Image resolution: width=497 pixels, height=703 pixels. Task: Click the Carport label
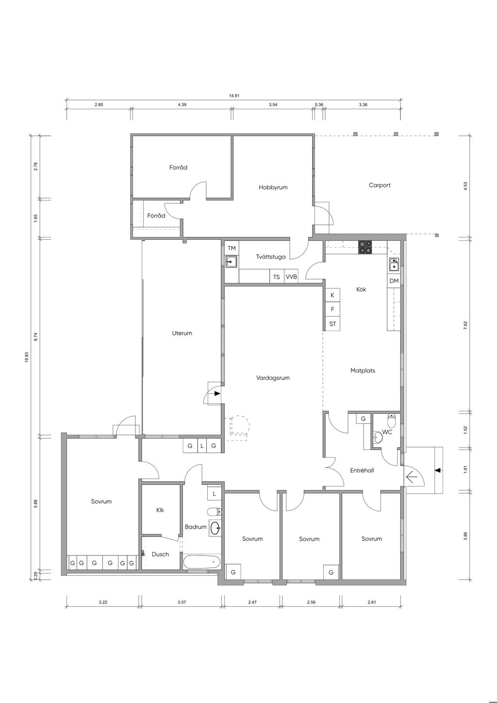point(380,185)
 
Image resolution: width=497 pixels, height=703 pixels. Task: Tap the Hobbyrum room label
point(273,187)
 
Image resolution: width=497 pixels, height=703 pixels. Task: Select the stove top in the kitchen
point(365,247)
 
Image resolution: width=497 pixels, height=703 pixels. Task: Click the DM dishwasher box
point(394,281)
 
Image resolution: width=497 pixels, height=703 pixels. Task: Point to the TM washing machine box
point(232,248)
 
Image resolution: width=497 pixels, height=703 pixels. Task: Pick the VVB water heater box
point(291,277)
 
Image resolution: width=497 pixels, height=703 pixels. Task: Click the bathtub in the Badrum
point(202,561)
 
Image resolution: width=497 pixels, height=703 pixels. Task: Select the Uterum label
point(182,333)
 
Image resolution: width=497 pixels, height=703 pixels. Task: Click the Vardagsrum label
point(273,378)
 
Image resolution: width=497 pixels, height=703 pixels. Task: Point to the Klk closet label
point(160,510)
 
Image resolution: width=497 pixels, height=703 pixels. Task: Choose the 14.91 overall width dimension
point(234,96)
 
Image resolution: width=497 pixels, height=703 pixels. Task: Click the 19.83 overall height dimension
point(27,357)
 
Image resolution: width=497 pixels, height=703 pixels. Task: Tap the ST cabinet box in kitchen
point(332,323)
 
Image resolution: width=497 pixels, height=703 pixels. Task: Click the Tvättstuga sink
point(232,261)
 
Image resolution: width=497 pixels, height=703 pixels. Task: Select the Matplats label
point(363,370)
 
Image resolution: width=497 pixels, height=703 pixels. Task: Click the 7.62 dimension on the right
point(465,325)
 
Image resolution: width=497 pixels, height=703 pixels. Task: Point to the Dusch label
point(160,554)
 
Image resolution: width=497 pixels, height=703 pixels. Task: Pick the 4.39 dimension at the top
point(182,104)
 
